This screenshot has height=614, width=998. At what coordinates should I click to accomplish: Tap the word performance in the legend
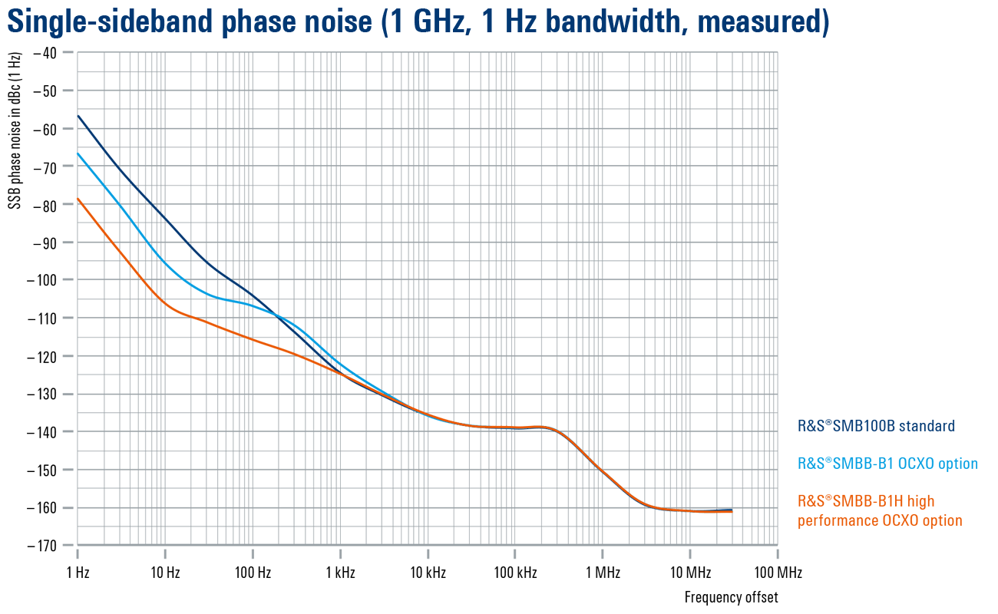(834, 521)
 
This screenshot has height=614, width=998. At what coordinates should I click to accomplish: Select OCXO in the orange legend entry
(897, 521)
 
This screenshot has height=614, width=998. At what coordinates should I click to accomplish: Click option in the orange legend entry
(942, 521)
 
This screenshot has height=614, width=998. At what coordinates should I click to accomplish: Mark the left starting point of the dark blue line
(78, 116)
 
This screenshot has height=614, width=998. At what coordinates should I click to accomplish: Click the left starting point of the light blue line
(78, 153)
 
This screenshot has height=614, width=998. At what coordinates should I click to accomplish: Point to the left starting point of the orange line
(78, 200)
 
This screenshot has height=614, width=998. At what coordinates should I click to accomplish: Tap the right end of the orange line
(732, 512)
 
